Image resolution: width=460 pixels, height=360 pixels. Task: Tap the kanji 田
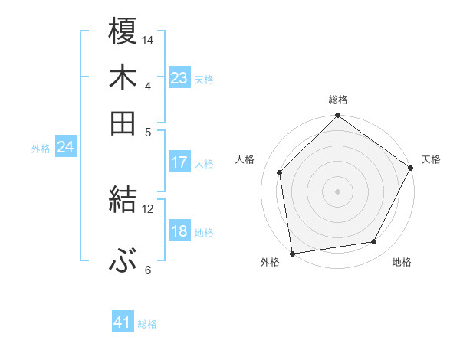123,123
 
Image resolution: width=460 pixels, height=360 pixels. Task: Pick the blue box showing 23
179,78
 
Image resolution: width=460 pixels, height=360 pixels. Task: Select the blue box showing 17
179,162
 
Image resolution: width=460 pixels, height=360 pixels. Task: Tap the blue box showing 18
179,231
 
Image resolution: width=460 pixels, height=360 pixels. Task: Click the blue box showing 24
66,147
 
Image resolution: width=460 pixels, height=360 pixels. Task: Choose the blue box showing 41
123,322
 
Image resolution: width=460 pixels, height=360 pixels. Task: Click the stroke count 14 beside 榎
148,39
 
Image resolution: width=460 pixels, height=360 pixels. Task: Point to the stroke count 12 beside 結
148,208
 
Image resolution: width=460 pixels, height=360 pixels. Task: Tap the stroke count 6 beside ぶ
148,270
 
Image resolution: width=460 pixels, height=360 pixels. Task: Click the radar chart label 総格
338,100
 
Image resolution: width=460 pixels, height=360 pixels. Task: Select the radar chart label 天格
431,159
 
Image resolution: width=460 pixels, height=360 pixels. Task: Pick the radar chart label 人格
245,159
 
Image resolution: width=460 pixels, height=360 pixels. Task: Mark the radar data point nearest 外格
292,253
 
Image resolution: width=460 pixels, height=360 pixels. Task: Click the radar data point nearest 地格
374,242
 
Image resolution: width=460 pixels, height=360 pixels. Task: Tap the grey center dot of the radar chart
338,191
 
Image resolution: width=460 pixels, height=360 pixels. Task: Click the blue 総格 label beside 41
147,324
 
